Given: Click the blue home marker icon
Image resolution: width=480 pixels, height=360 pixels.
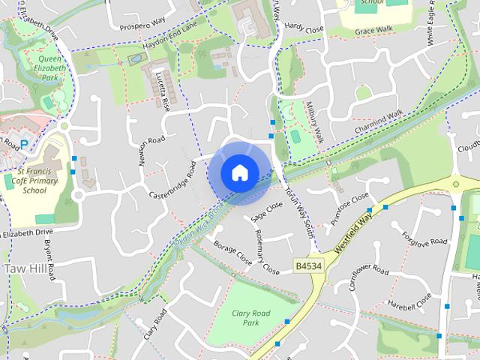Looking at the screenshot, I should point(239,172).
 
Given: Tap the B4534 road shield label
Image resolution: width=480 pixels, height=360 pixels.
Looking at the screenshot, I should point(307,266).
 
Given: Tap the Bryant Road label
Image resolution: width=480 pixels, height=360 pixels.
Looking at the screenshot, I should point(49,260).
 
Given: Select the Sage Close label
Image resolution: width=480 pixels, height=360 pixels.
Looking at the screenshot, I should point(267,211).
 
